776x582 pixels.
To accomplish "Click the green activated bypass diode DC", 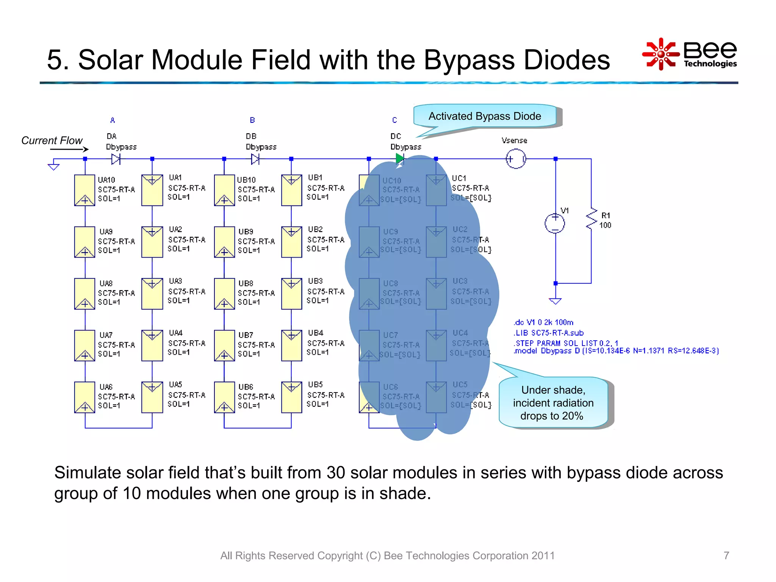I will tap(400, 159).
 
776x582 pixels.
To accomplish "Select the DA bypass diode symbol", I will tap(116, 159).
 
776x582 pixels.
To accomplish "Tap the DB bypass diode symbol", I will tap(255, 159).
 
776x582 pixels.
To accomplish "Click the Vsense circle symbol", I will tap(516, 159).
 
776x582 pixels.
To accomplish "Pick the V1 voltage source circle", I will tap(555, 223).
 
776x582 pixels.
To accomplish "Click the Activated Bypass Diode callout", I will tap(485, 116).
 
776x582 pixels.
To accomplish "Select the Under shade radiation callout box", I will tap(553, 403).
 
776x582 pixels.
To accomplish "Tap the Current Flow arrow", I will tap(69, 149).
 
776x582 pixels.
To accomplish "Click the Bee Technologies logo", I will tap(690, 54).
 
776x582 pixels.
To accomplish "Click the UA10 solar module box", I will tap(84, 190).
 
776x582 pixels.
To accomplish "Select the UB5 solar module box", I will tap(291, 397).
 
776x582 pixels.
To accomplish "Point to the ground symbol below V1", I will tap(555, 301).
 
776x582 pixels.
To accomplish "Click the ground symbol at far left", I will tap(53, 166).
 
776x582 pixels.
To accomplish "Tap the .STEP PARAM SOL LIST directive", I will tap(566, 343).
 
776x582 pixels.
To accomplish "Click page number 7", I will tap(726, 555).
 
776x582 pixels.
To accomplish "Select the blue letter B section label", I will tap(252, 120).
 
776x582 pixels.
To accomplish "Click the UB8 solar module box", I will tap(224, 294).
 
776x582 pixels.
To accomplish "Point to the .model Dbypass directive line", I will tap(616, 351).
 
